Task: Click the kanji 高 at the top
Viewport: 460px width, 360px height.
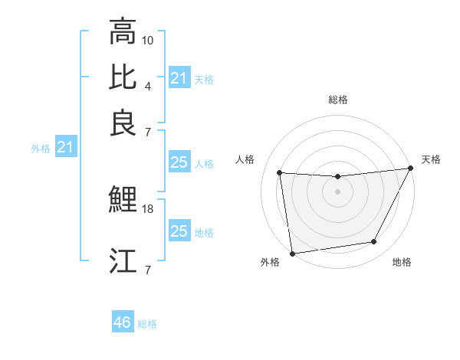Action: (x=123, y=32)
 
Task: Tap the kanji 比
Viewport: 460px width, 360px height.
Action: (x=123, y=77)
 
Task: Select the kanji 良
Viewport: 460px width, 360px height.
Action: (x=123, y=123)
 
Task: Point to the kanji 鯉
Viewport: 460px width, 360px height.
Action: (x=123, y=200)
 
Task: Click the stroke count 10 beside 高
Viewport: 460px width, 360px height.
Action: (x=148, y=39)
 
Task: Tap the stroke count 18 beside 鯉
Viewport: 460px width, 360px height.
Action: (x=148, y=208)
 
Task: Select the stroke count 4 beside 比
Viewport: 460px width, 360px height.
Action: (x=148, y=85)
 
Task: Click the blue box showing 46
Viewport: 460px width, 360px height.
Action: (x=123, y=322)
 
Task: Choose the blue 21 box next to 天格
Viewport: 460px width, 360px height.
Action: (x=179, y=78)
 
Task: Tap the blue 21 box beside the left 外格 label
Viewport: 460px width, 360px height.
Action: (x=65, y=147)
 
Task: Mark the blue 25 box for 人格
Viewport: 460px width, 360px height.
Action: (x=179, y=162)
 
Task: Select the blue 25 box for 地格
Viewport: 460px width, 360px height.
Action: (x=179, y=231)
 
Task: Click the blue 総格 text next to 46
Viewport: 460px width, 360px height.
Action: (x=147, y=324)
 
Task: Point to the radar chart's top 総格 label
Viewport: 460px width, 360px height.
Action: (x=337, y=100)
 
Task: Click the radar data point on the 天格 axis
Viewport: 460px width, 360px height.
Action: (x=411, y=169)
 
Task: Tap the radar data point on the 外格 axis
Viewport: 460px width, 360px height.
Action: (x=292, y=253)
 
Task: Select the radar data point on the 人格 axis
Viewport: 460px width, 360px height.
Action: (x=280, y=173)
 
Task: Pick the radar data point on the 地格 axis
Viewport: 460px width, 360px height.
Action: (x=374, y=242)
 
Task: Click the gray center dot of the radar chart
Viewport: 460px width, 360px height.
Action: (x=337, y=191)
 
